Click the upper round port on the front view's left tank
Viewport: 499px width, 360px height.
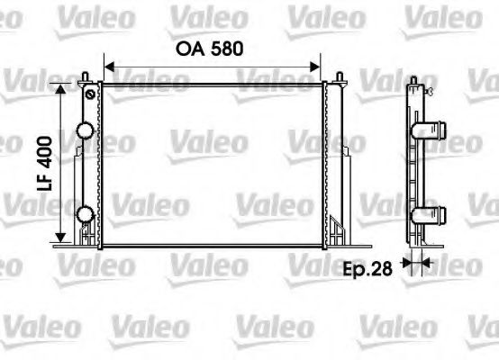[x=85, y=130]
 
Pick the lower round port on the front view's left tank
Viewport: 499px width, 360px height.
[x=85, y=214]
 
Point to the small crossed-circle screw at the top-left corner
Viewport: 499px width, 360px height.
[x=89, y=93]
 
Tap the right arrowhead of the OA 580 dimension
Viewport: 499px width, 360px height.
[x=316, y=65]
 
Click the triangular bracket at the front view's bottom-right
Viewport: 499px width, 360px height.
[x=336, y=230]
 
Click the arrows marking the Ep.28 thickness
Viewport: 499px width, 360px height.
[x=417, y=263]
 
